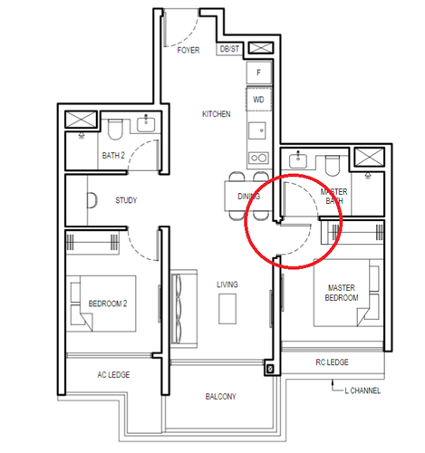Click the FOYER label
(x=188, y=50)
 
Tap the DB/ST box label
(x=229, y=49)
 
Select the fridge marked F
(x=259, y=72)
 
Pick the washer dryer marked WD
(x=258, y=99)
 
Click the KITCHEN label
(x=217, y=114)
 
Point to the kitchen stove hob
(x=258, y=158)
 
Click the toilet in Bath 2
(x=115, y=130)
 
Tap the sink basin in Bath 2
(x=146, y=124)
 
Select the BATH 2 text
(x=113, y=156)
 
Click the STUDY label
(x=126, y=200)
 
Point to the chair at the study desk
(x=92, y=200)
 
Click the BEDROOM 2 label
(x=108, y=304)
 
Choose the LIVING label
(x=227, y=284)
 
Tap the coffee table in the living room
(x=227, y=309)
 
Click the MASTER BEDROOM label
(x=342, y=293)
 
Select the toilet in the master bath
(x=333, y=166)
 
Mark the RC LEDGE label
(x=332, y=362)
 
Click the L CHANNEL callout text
(x=362, y=390)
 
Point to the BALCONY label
(x=220, y=397)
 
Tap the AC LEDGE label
(x=113, y=375)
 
